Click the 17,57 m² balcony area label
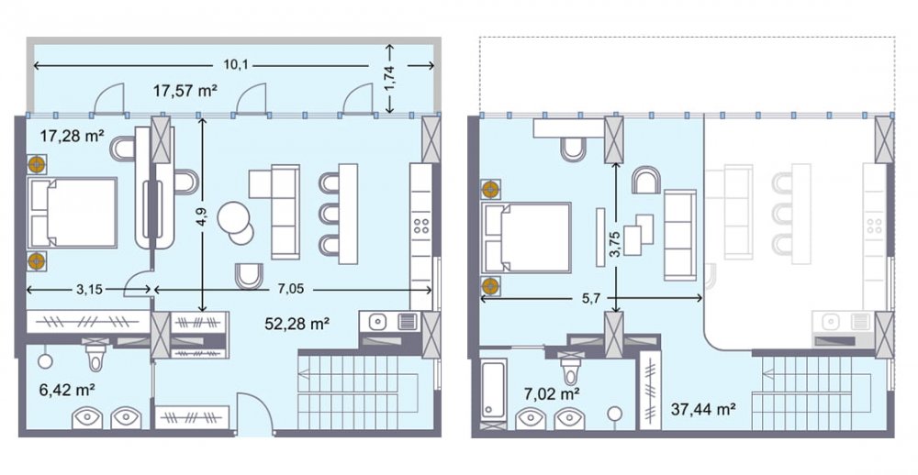click(185, 91)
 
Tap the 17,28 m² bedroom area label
click(72, 137)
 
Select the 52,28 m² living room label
click(297, 323)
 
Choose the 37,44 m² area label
click(703, 409)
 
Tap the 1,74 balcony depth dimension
click(390, 77)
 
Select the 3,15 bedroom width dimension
click(90, 289)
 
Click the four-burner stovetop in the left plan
click(421, 226)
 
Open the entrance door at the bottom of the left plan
click(254, 414)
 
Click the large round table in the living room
click(234, 218)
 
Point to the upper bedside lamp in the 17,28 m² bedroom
click(37, 165)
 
